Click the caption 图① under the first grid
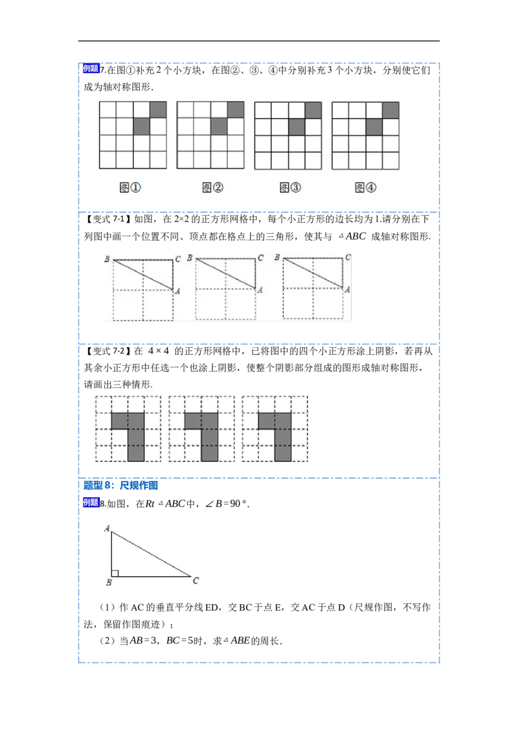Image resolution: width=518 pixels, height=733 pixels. (130, 187)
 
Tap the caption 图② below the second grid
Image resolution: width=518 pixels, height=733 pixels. (212, 187)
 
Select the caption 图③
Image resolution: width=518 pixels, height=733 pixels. (290, 187)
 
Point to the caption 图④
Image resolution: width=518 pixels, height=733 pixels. (365, 187)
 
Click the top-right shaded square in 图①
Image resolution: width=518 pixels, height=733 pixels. (159, 110)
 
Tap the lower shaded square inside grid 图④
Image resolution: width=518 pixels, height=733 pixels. (374, 127)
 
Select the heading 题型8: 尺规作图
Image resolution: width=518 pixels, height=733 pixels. (120, 485)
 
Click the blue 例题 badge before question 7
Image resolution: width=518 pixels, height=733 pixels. (91, 69)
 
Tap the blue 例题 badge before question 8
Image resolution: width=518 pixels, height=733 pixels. (91, 502)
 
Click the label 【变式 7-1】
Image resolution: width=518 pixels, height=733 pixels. (106, 219)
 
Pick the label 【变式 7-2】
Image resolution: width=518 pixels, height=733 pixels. (106, 350)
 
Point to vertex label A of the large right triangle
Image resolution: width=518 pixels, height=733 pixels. (107, 528)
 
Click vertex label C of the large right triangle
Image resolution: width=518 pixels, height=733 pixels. (196, 581)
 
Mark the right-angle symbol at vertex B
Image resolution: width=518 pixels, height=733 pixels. (115, 573)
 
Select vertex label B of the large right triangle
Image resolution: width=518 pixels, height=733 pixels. (109, 583)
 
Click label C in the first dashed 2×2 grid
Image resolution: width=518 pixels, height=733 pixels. (177, 259)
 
